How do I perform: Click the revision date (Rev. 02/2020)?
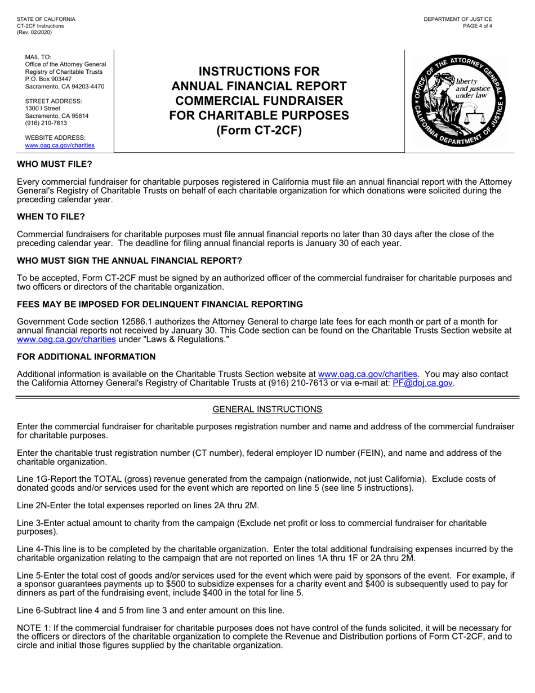(34, 33)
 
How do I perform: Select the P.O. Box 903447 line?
(49, 79)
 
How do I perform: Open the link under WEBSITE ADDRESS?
(60, 145)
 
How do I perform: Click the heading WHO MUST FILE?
(54, 165)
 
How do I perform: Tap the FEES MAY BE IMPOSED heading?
(160, 304)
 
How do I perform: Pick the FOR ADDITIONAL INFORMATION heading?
(86, 357)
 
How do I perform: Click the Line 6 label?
(29, 610)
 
